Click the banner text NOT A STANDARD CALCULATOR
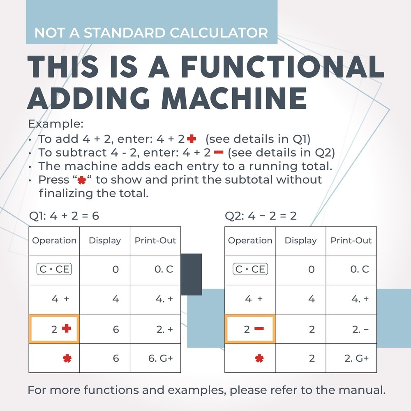[151, 32]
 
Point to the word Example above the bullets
[55, 124]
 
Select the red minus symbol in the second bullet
[218, 153]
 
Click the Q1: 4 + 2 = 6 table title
[64, 215]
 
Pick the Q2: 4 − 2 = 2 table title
[261, 215]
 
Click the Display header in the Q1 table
[105, 240]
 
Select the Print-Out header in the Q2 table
[351, 240]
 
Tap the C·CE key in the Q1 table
[54, 270]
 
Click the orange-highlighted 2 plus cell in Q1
[54, 329]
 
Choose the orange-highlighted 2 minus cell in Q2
[250, 329]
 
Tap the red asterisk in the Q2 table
[259, 358]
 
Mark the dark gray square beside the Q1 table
[192, 274]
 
